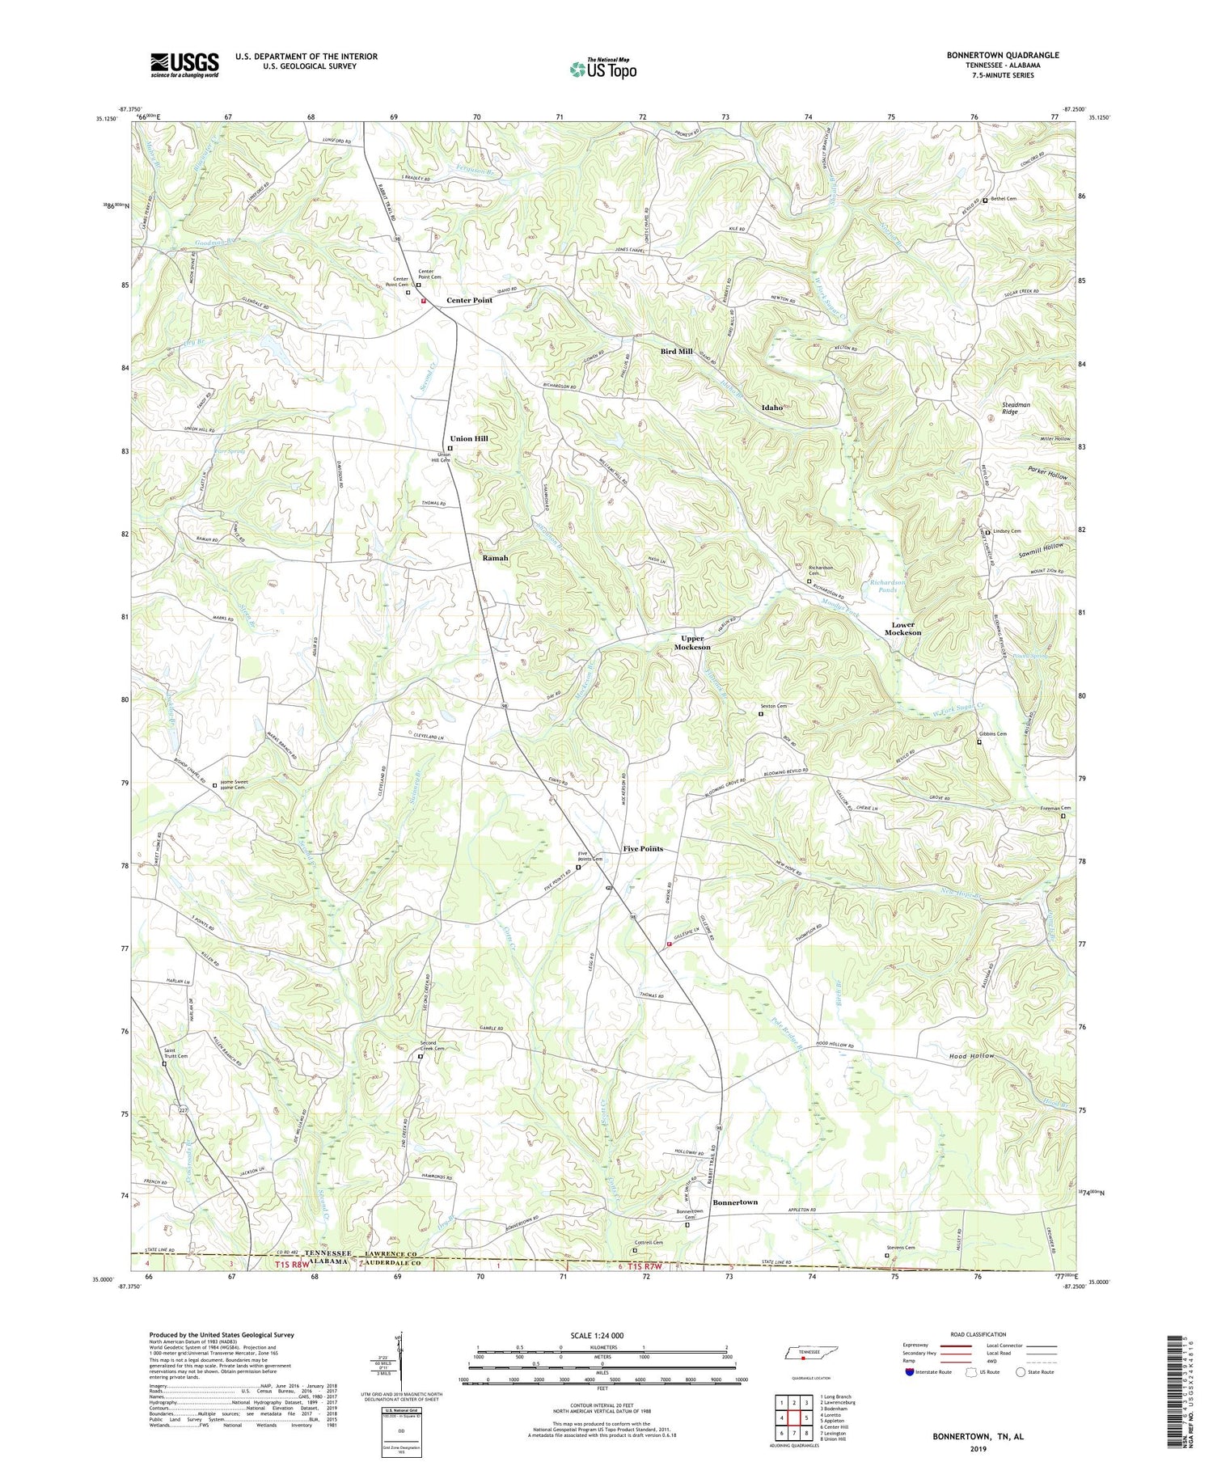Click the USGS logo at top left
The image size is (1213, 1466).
tap(184, 64)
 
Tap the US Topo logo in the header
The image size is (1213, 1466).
tap(602, 70)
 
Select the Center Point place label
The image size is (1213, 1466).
tap(469, 300)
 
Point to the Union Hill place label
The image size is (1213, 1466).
tap(469, 438)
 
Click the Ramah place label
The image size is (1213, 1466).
tap(496, 558)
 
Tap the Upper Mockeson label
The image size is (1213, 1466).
tap(693, 643)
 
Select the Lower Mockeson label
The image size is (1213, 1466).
tap(902, 628)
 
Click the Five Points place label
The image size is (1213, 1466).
tap(643, 848)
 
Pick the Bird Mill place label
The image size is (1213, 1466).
tap(676, 352)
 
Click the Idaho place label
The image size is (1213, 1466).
tap(771, 408)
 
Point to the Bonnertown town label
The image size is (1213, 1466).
tap(735, 1202)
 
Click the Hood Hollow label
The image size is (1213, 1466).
tap(970, 1056)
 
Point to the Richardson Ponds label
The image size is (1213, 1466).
tap(887, 585)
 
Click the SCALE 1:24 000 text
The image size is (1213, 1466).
tap(602, 1335)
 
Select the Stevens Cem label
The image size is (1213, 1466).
tap(901, 1270)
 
